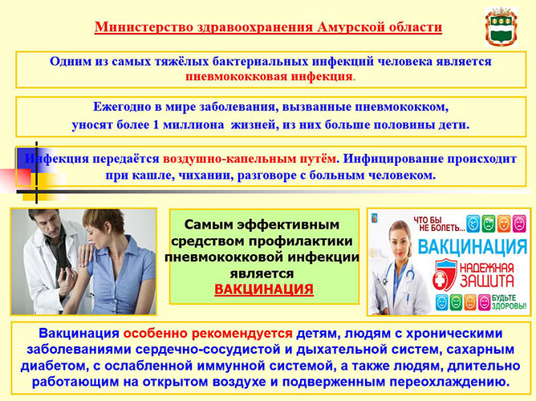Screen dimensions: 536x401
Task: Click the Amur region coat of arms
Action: [501, 26]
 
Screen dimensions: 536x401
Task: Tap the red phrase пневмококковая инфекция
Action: [269, 76]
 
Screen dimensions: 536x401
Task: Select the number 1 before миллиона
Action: [156, 124]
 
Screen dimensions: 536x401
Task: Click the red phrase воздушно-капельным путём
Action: [250, 159]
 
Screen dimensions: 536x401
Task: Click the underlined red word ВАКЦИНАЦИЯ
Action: [264, 290]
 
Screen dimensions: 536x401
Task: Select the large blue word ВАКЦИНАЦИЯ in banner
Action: [473, 246]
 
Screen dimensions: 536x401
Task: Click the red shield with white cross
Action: [445, 274]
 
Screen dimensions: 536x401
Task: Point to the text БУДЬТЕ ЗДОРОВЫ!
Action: [509, 302]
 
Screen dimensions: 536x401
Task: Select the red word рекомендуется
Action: [242, 334]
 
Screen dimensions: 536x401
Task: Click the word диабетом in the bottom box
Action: [53, 366]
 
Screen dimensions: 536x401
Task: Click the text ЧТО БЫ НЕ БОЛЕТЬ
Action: [439, 224]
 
